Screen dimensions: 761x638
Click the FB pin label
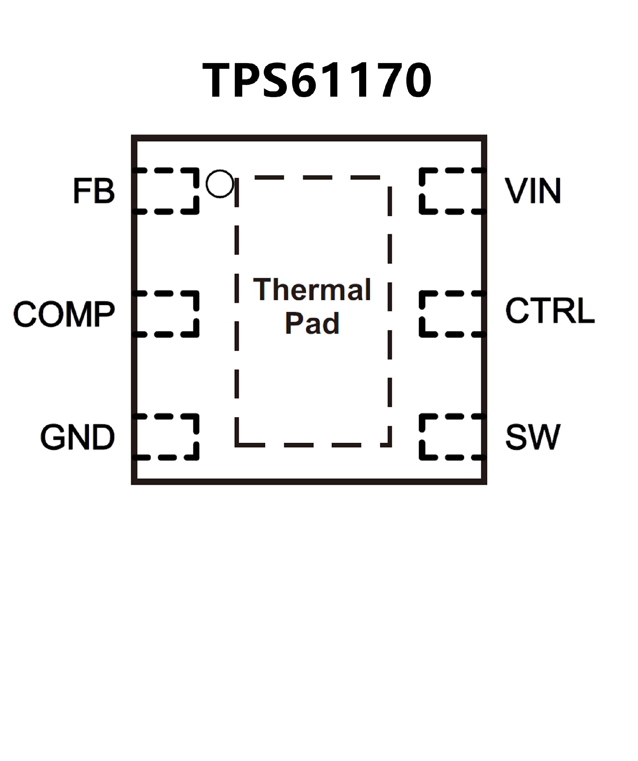(x=94, y=191)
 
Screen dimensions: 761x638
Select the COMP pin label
(x=64, y=314)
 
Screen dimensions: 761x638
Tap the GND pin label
(x=77, y=437)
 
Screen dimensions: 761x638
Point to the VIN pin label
(x=533, y=191)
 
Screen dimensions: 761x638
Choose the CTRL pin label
(x=550, y=311)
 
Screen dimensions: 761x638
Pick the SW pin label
(x=533, y=437)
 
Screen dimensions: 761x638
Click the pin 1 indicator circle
(x=220, y=184)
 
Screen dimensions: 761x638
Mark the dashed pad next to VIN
(x=452, y=191)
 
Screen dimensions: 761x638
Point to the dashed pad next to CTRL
(x=452, y=314)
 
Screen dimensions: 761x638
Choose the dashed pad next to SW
(x=452, y=437)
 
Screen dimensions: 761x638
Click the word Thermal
(x=312, y=290)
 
